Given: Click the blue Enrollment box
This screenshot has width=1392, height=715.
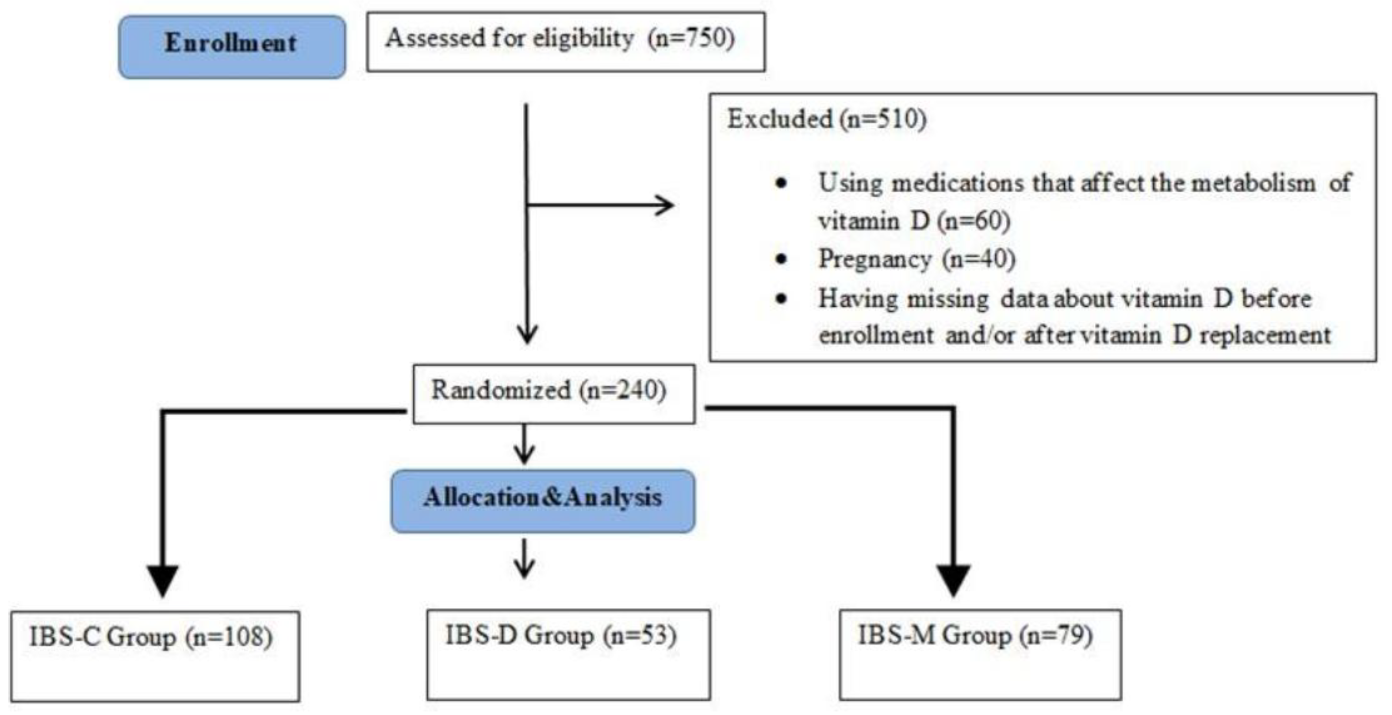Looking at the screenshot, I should pyautogui.click(x=232, y=47).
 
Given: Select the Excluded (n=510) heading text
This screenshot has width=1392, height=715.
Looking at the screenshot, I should pyautogui.click(x=826, y=119).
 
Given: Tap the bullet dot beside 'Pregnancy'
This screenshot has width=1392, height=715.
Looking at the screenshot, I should pyautogui.click(x=781, y=259).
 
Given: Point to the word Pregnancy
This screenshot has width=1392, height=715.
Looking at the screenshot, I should pyautogui.click(x=875, y=259).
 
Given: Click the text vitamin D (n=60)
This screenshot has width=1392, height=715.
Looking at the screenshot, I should pyautogui.click(x=914, y=221).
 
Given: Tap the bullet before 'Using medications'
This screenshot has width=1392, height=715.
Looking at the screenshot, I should pyautogui.click(x=781, y=183).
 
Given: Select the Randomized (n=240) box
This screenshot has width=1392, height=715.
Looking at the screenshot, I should pyautogui.click(x=554, y=394).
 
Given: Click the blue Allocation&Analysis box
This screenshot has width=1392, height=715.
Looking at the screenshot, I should pyautogui.click(x=543, y=501).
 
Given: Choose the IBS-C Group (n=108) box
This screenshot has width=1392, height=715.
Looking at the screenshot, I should pyautogui.click(x=155, y=656).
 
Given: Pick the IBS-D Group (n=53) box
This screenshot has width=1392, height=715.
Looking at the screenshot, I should pyautogui.click(x=568, y=654).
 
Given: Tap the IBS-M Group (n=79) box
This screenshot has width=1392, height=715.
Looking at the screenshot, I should pyautogui.click(x=980, y=654).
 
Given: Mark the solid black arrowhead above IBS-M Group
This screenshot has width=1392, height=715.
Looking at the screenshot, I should pyautogui.click(x=953, y=579).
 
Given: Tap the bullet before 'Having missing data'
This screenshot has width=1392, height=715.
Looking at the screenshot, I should pyautogui.click(x=781, y=299).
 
